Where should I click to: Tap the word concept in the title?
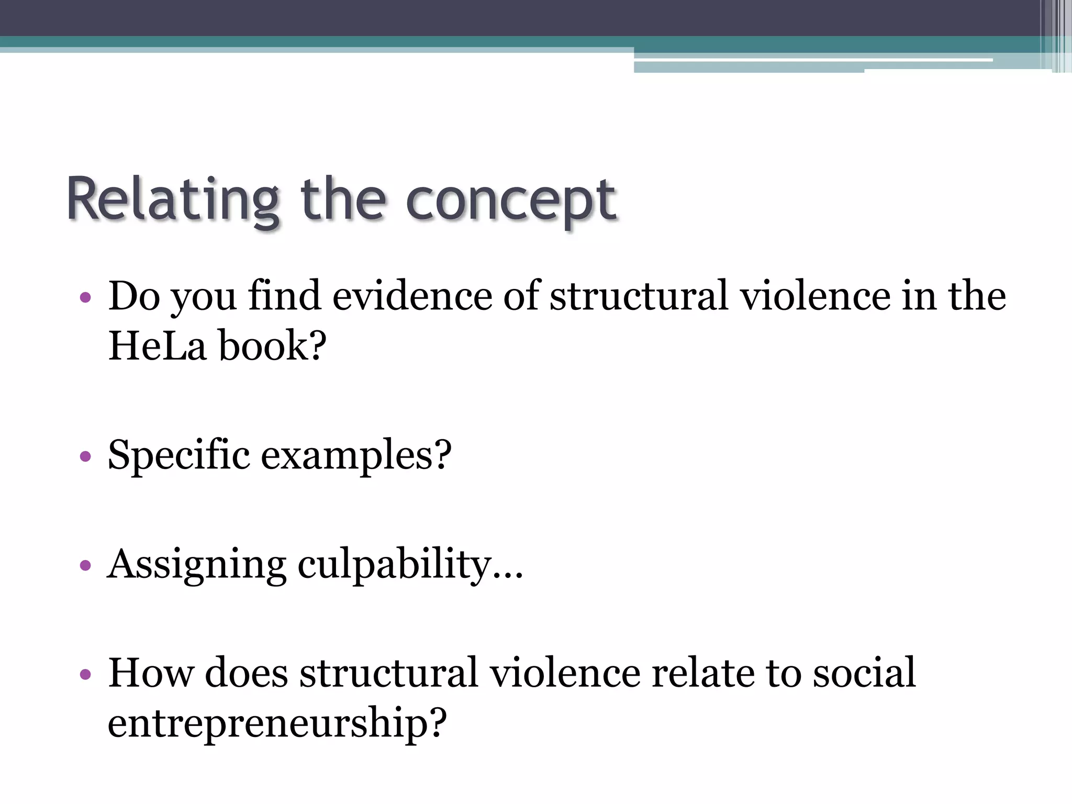pos(511,202)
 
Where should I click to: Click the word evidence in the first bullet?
pos(412,296)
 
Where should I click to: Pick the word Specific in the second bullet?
pos(178,455)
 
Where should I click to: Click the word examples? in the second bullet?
pos(356,455)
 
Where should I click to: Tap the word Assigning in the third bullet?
pos(197,565)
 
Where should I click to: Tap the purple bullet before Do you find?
pos(85,298)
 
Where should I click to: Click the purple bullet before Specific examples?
pos(85,457)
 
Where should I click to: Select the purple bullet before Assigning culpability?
pos(85,566)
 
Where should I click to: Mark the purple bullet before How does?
pos(85,674)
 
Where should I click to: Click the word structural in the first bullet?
pos(639,296)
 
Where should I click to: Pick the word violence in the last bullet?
pos(565,673)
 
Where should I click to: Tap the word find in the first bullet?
pos(284,296)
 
